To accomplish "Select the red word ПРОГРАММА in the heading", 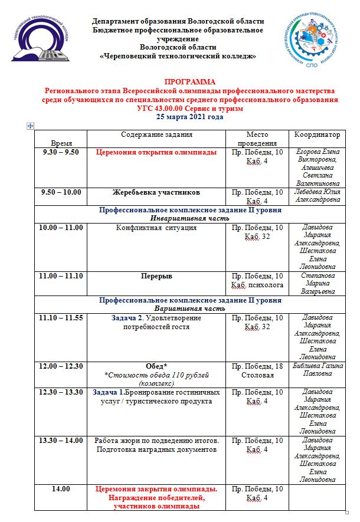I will pos(190,82).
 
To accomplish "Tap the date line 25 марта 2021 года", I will pos(190,117).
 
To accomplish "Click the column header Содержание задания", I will pos(156,135).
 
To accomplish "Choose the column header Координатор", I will pos(318,135).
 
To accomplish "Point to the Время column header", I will pos(62,143).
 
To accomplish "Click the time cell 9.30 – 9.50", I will pos(61,152).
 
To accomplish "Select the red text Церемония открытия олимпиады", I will pos(156,152).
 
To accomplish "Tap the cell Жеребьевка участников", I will pos(156,192).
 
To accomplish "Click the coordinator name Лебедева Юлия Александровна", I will pos(318,196).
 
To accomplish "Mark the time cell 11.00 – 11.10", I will pos(61,275).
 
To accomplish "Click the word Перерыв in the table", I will pos(156,275).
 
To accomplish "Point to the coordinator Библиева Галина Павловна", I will pos(318,370).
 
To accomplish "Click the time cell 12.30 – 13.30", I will pos(61,392).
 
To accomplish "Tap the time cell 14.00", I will pos(61,489).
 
